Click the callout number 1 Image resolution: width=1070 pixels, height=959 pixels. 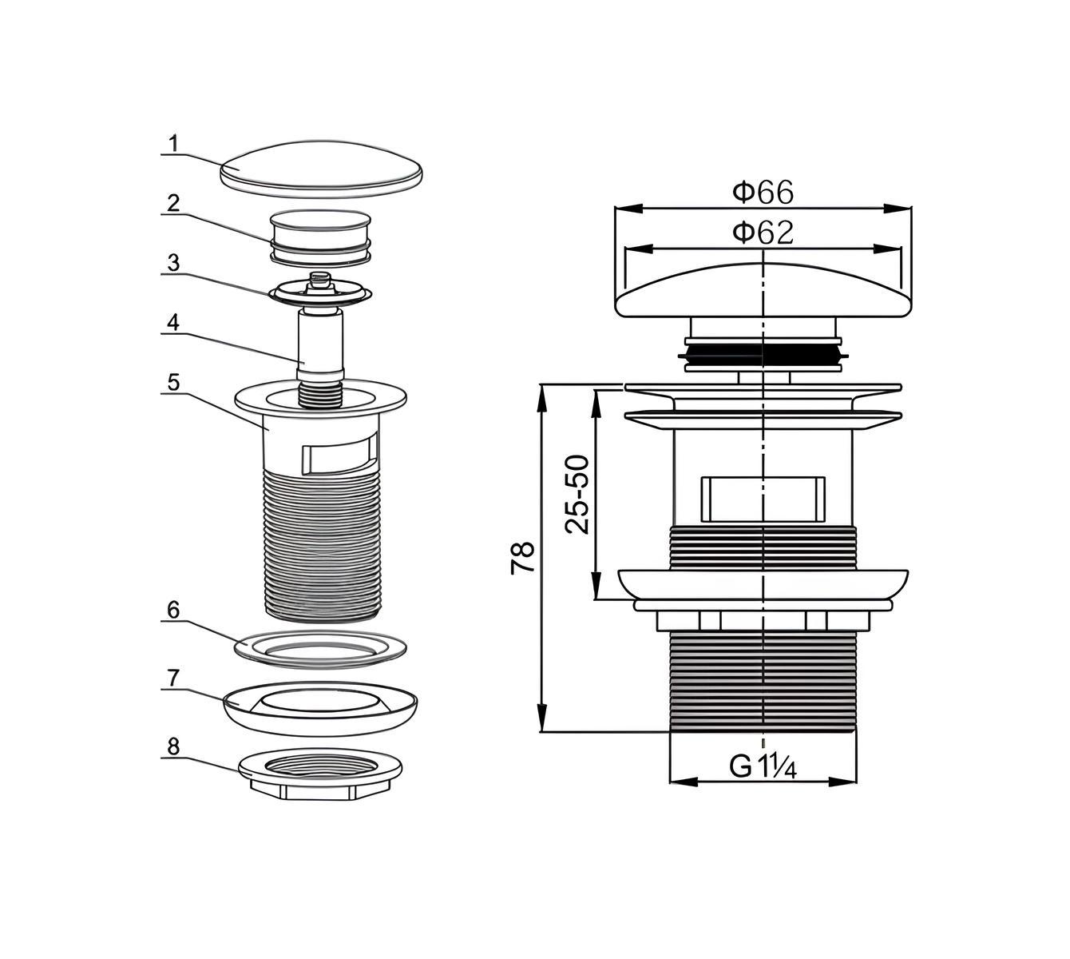(x=174, y=144)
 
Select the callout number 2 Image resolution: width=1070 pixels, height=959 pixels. (x=173, y=203)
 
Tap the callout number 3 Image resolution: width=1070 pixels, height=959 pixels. (x=174, y=263)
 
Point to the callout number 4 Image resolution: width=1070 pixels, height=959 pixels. (x=173, y=322)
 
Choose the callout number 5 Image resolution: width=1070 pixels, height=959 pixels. (x=174, y=382)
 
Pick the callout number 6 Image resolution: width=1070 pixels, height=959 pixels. (x=173, y=610)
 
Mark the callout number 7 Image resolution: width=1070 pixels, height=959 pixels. (x=174, y=678)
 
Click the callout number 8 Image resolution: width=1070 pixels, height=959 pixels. (x=173, y=746)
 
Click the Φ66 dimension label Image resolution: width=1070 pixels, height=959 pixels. (x=763, y=192)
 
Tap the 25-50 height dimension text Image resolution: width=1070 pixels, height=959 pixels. (x=577, y=495)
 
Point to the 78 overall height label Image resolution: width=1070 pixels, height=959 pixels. (x=523, y=557)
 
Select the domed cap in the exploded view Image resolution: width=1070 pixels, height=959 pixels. (x=321, y=169)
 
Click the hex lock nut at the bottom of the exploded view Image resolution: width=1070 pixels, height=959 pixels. (x=320, y=774)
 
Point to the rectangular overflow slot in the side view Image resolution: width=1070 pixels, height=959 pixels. (x=763, y=499)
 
